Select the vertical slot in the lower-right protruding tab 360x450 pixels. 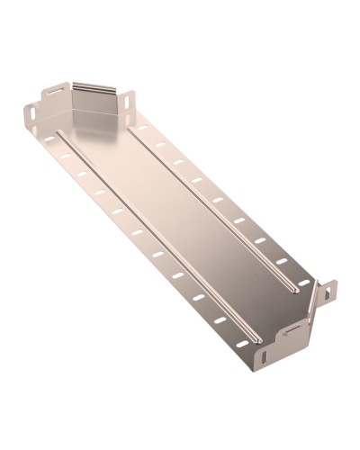coord(329,292)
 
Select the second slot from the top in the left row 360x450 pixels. coord(64,157)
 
